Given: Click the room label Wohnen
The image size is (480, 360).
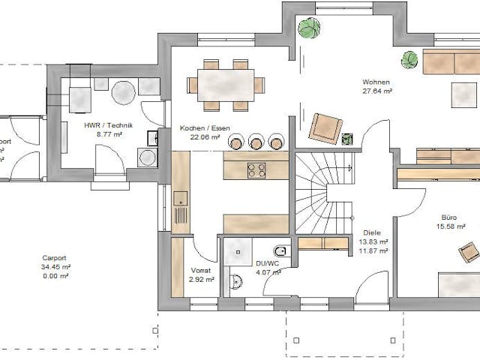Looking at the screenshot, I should [377, 82].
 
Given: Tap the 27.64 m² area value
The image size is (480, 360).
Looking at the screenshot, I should [377, 91].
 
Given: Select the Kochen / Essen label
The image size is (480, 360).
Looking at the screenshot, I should [199, 128].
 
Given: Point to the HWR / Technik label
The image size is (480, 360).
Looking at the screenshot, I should [109, 126].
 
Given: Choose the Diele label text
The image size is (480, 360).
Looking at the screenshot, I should [372, 233].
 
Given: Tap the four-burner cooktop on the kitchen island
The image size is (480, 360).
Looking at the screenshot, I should [256, 170].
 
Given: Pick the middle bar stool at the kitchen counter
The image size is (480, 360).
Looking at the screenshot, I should [257, 142].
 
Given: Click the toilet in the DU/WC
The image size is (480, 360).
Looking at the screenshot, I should [280, 251].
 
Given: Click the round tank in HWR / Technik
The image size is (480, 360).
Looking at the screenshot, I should [122, 93].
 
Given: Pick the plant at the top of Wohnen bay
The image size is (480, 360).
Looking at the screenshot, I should [307, 29].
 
